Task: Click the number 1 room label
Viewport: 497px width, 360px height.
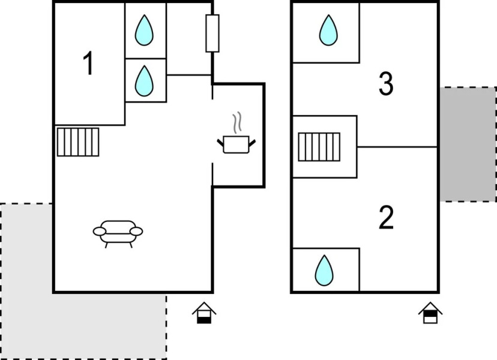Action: pos(88,64)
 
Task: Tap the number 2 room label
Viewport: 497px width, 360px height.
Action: pos(386,218)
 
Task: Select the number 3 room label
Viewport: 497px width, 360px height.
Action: pos(386,85)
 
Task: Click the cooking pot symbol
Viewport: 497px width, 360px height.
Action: pos(236,144)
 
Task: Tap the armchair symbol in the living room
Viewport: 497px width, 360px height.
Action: pos(118,232)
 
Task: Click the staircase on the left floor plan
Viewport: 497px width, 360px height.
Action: pos(77,142)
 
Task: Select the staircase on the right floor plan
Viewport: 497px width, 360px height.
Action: pos(319,147)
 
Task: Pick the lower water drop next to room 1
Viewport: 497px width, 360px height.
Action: pos(143,80)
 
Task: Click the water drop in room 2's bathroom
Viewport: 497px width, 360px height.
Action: pos(324,271)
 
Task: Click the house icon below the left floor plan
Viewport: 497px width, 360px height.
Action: pos(204,313)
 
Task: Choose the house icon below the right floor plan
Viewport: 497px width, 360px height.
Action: pos(430,313)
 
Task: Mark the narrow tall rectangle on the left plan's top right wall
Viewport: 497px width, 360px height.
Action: pos(212,33)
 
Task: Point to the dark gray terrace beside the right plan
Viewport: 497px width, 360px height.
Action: pos(468,144)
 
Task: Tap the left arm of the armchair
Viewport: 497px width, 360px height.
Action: pos(99,231)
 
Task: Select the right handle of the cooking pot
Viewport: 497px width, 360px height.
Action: pos(253,142)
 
